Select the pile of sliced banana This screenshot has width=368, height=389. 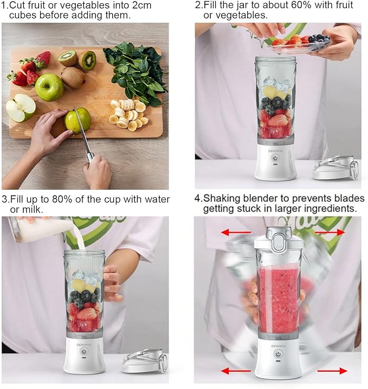click(x=126, y=113)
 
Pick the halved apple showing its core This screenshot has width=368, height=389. click(x=21, y=108)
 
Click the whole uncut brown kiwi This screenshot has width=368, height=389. click(x=72, y=77)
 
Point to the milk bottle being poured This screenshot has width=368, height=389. click(x=41, y=228)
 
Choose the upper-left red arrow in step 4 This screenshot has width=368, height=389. click(x=232, y=233)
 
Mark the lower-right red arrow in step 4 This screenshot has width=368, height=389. click(x=332, y=371)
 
